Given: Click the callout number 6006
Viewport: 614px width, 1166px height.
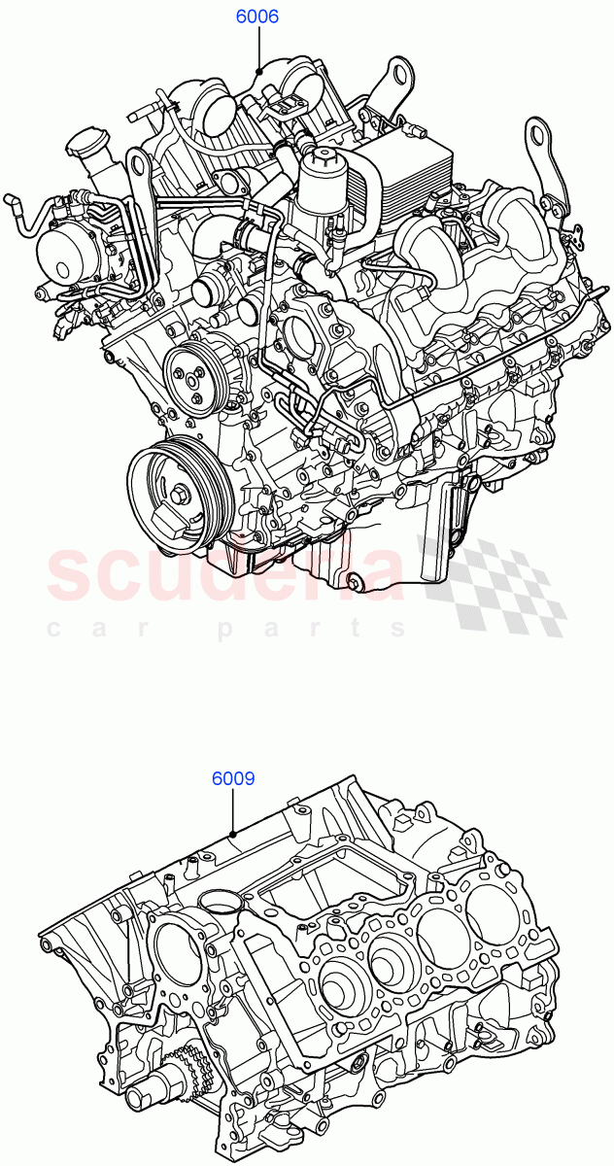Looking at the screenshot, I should (256, 17).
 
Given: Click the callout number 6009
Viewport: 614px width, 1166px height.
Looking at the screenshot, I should (233, 778).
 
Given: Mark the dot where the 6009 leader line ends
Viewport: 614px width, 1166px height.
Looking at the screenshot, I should (233, 833).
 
